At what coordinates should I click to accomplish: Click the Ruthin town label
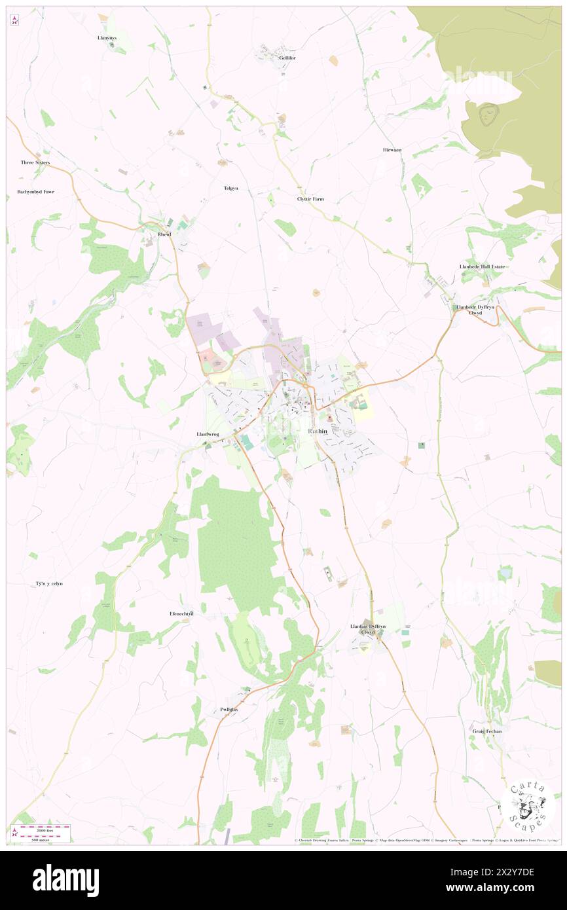point(318,431)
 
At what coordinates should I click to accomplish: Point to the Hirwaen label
point(392,150)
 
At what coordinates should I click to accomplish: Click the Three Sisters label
point(35,162)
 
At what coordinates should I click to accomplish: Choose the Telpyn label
point(230,189)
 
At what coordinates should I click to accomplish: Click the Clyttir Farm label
point(310,198)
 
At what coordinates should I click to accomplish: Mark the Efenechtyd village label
point(181,613)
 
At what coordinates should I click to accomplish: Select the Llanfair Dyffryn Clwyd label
point(368,629)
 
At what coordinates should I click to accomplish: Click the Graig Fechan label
point(486,731)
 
